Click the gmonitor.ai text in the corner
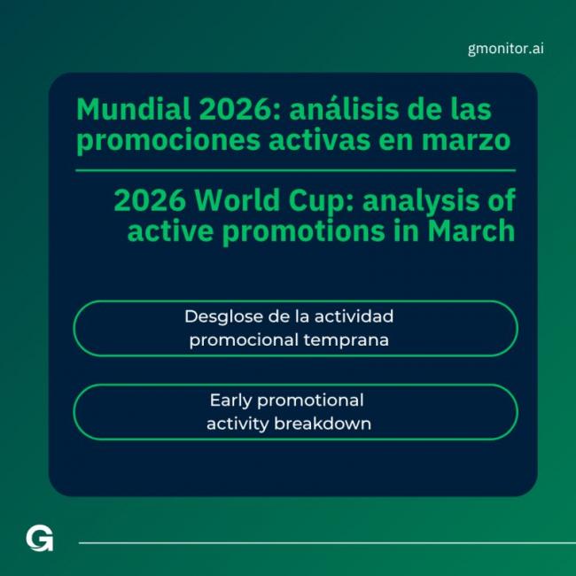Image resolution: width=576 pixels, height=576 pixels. coord(505,48)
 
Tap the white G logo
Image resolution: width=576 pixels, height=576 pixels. coord(39,538)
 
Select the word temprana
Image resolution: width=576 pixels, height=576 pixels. coord(348,339)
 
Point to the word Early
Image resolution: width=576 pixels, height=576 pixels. coord(233,400)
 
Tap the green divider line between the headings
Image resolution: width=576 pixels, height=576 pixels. coord(295,170)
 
